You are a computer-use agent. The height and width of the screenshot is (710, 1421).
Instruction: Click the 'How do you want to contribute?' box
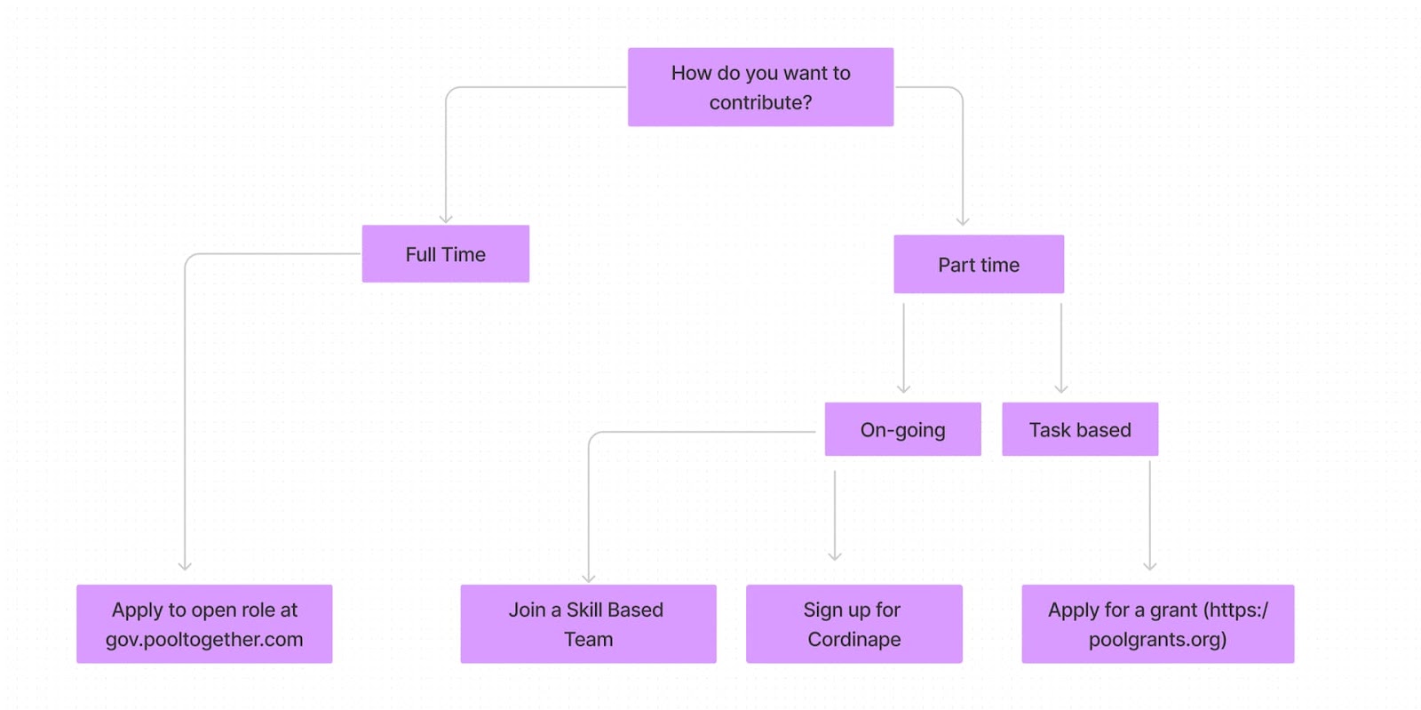[x=760, y=87]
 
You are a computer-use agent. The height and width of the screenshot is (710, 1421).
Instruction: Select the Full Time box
[x=445, y=254]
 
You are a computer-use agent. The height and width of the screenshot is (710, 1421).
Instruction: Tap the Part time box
[x=979, y=264]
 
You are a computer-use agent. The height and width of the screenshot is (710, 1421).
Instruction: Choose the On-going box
[x=902, y=429]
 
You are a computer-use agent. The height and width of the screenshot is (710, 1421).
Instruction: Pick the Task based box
[x=1080, y=429]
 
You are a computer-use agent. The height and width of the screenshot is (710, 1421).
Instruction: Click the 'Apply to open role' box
[x=204, y=624]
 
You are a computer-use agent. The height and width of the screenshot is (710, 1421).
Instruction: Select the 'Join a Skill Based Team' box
[x=588, y=624]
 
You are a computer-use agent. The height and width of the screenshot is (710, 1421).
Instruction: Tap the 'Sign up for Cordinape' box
[x=853, y=624]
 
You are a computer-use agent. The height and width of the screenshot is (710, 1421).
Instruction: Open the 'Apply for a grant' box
[x=1158, y=624]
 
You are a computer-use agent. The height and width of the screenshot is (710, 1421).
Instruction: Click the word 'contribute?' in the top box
[x=760, y=102]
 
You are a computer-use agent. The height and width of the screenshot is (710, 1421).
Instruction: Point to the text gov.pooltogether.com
[x=204, y=640]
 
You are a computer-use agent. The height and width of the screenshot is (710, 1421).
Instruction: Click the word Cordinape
[x=853, y=639]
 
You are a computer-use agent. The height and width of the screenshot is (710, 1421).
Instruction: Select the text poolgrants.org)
[x=1158, y=640]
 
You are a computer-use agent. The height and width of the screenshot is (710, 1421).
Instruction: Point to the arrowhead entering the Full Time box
[x=446, y=219]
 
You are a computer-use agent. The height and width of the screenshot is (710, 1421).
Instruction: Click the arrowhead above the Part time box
[x=963, y=221]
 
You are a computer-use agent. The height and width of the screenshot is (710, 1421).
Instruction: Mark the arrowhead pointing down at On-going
[x=904, y=389]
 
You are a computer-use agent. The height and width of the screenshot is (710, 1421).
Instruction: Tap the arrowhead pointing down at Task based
[x=1061, y=389]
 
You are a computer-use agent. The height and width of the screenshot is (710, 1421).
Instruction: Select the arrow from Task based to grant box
[x=1149, y=516]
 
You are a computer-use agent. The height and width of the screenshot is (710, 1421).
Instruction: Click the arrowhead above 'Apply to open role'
[x=185, y=566]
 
